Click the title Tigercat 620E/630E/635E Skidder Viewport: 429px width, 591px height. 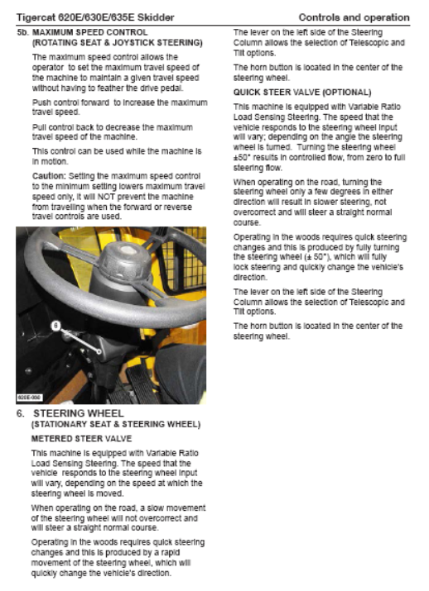[95, 17]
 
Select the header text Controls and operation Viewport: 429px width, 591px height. [354, 17]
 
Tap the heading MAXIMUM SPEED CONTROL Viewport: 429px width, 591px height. [90, 32]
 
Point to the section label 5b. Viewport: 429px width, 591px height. [22, 32]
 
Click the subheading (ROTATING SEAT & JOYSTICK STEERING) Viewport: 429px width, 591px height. [118, 43]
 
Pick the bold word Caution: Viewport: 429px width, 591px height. [49, 176]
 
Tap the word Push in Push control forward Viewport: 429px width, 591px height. [41, 102]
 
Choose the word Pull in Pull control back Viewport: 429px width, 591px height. [39, 127]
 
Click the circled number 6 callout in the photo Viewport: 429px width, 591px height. [55, 326]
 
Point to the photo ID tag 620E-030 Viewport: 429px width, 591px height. [30, 398]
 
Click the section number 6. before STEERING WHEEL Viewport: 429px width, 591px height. [21, 413]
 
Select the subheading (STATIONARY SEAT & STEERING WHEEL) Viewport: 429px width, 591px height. [116, 424]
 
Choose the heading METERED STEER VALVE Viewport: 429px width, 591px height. [81, 439]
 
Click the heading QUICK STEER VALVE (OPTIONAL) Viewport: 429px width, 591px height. [302, 93]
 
